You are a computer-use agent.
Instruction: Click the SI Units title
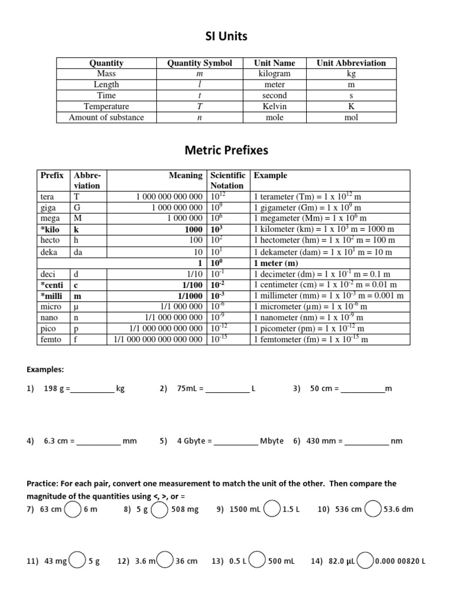[226, 37]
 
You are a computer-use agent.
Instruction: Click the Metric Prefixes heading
[226, 150]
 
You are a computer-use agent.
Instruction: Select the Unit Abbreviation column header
[351, 63]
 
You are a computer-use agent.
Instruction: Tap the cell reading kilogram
[274, 74]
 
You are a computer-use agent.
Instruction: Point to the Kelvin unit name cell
[274, 106]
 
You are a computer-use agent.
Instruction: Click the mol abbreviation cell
[351, 117]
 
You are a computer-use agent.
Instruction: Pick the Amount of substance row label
[106, 117]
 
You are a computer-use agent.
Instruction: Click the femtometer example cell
[311, 340]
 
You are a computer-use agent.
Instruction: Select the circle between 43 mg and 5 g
[77, 562]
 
